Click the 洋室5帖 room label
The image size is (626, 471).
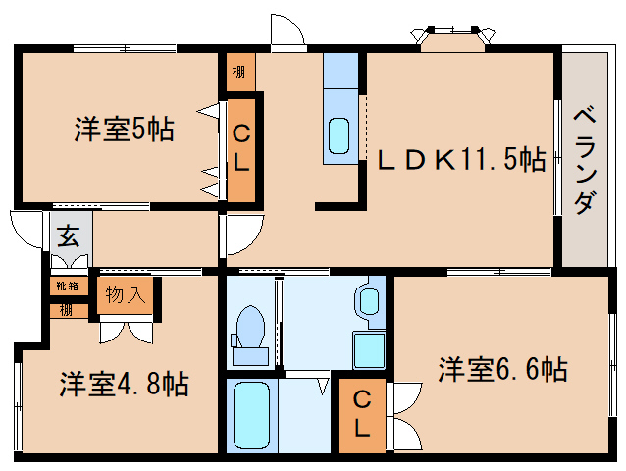[124, 129]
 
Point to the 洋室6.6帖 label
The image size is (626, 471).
[501, 370]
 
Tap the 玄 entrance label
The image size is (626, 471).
[68, 236]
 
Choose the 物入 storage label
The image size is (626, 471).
[126, 293]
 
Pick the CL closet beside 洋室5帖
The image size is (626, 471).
[240, 147]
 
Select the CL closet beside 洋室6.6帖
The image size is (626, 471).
[361, 413]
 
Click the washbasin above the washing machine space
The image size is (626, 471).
[371, 299]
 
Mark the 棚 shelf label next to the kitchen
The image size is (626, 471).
[238, 71]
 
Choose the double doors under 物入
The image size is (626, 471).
[126, 329]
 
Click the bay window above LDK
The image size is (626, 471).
[451, 36]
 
